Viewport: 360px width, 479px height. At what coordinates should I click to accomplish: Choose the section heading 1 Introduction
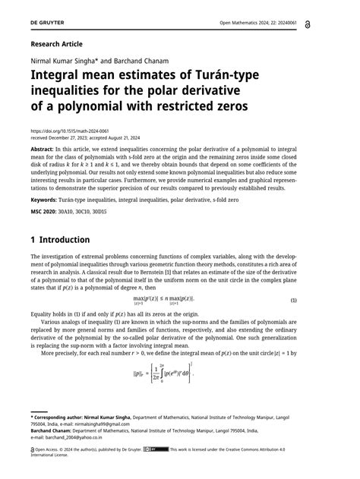60,240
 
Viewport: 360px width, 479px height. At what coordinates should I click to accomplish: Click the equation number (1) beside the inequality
294,301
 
